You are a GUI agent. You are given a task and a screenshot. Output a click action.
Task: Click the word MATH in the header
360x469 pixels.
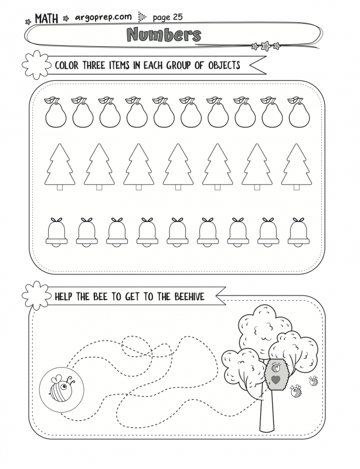[x=46, y=19]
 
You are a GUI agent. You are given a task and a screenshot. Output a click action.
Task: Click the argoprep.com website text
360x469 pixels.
[x=103, y=17]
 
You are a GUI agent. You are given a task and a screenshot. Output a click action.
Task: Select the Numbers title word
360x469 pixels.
[x=164, y=35]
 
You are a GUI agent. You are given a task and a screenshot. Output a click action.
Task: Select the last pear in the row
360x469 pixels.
[x=298, y=113]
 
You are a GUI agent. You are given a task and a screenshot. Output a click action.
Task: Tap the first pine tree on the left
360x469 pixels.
[x=60, y=166]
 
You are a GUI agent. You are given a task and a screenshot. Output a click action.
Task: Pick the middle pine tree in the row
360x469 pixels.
[x=178, y=166]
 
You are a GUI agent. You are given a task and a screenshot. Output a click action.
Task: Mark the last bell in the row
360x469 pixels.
[x=298, y=232]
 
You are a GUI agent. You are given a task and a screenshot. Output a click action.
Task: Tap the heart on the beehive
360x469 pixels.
[x=275, y=380]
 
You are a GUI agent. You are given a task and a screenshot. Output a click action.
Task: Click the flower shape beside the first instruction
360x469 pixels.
[x=36, y=63]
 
